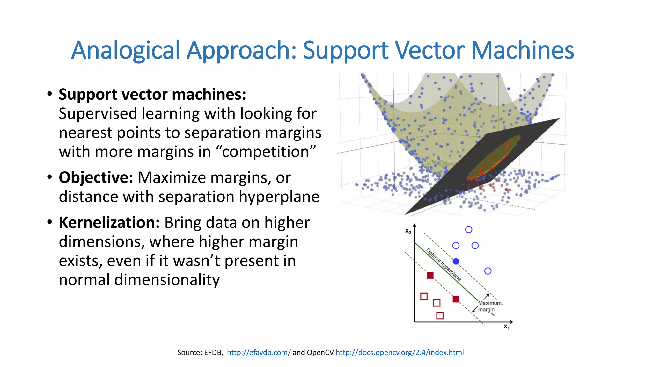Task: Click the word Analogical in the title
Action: coord(126,50)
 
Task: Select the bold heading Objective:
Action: coord(96,177)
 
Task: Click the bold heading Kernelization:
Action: coord(109,222)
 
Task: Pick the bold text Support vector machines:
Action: coord(152,95)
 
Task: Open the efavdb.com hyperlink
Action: coord(259,352)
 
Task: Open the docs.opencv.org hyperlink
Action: coord(400,352)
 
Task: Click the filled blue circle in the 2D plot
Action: coord(456,262)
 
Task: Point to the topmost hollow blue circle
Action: coord(468,229)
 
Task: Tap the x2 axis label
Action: coord(408,231)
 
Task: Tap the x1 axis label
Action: coord(507,327)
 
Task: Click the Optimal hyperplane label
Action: coord(444,264)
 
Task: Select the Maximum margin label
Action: coord(489,306)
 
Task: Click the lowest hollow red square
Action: coord(440,316)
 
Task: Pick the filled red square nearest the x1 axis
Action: coord(456,299)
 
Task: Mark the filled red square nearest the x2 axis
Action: coord(430,275)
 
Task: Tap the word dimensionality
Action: coord(167,280)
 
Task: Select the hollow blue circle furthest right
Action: coord(488,271)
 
